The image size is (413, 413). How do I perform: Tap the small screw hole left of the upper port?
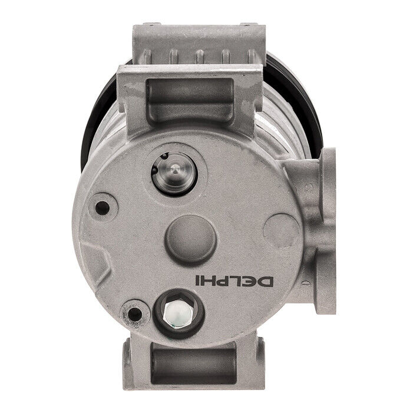click(104, 207)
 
